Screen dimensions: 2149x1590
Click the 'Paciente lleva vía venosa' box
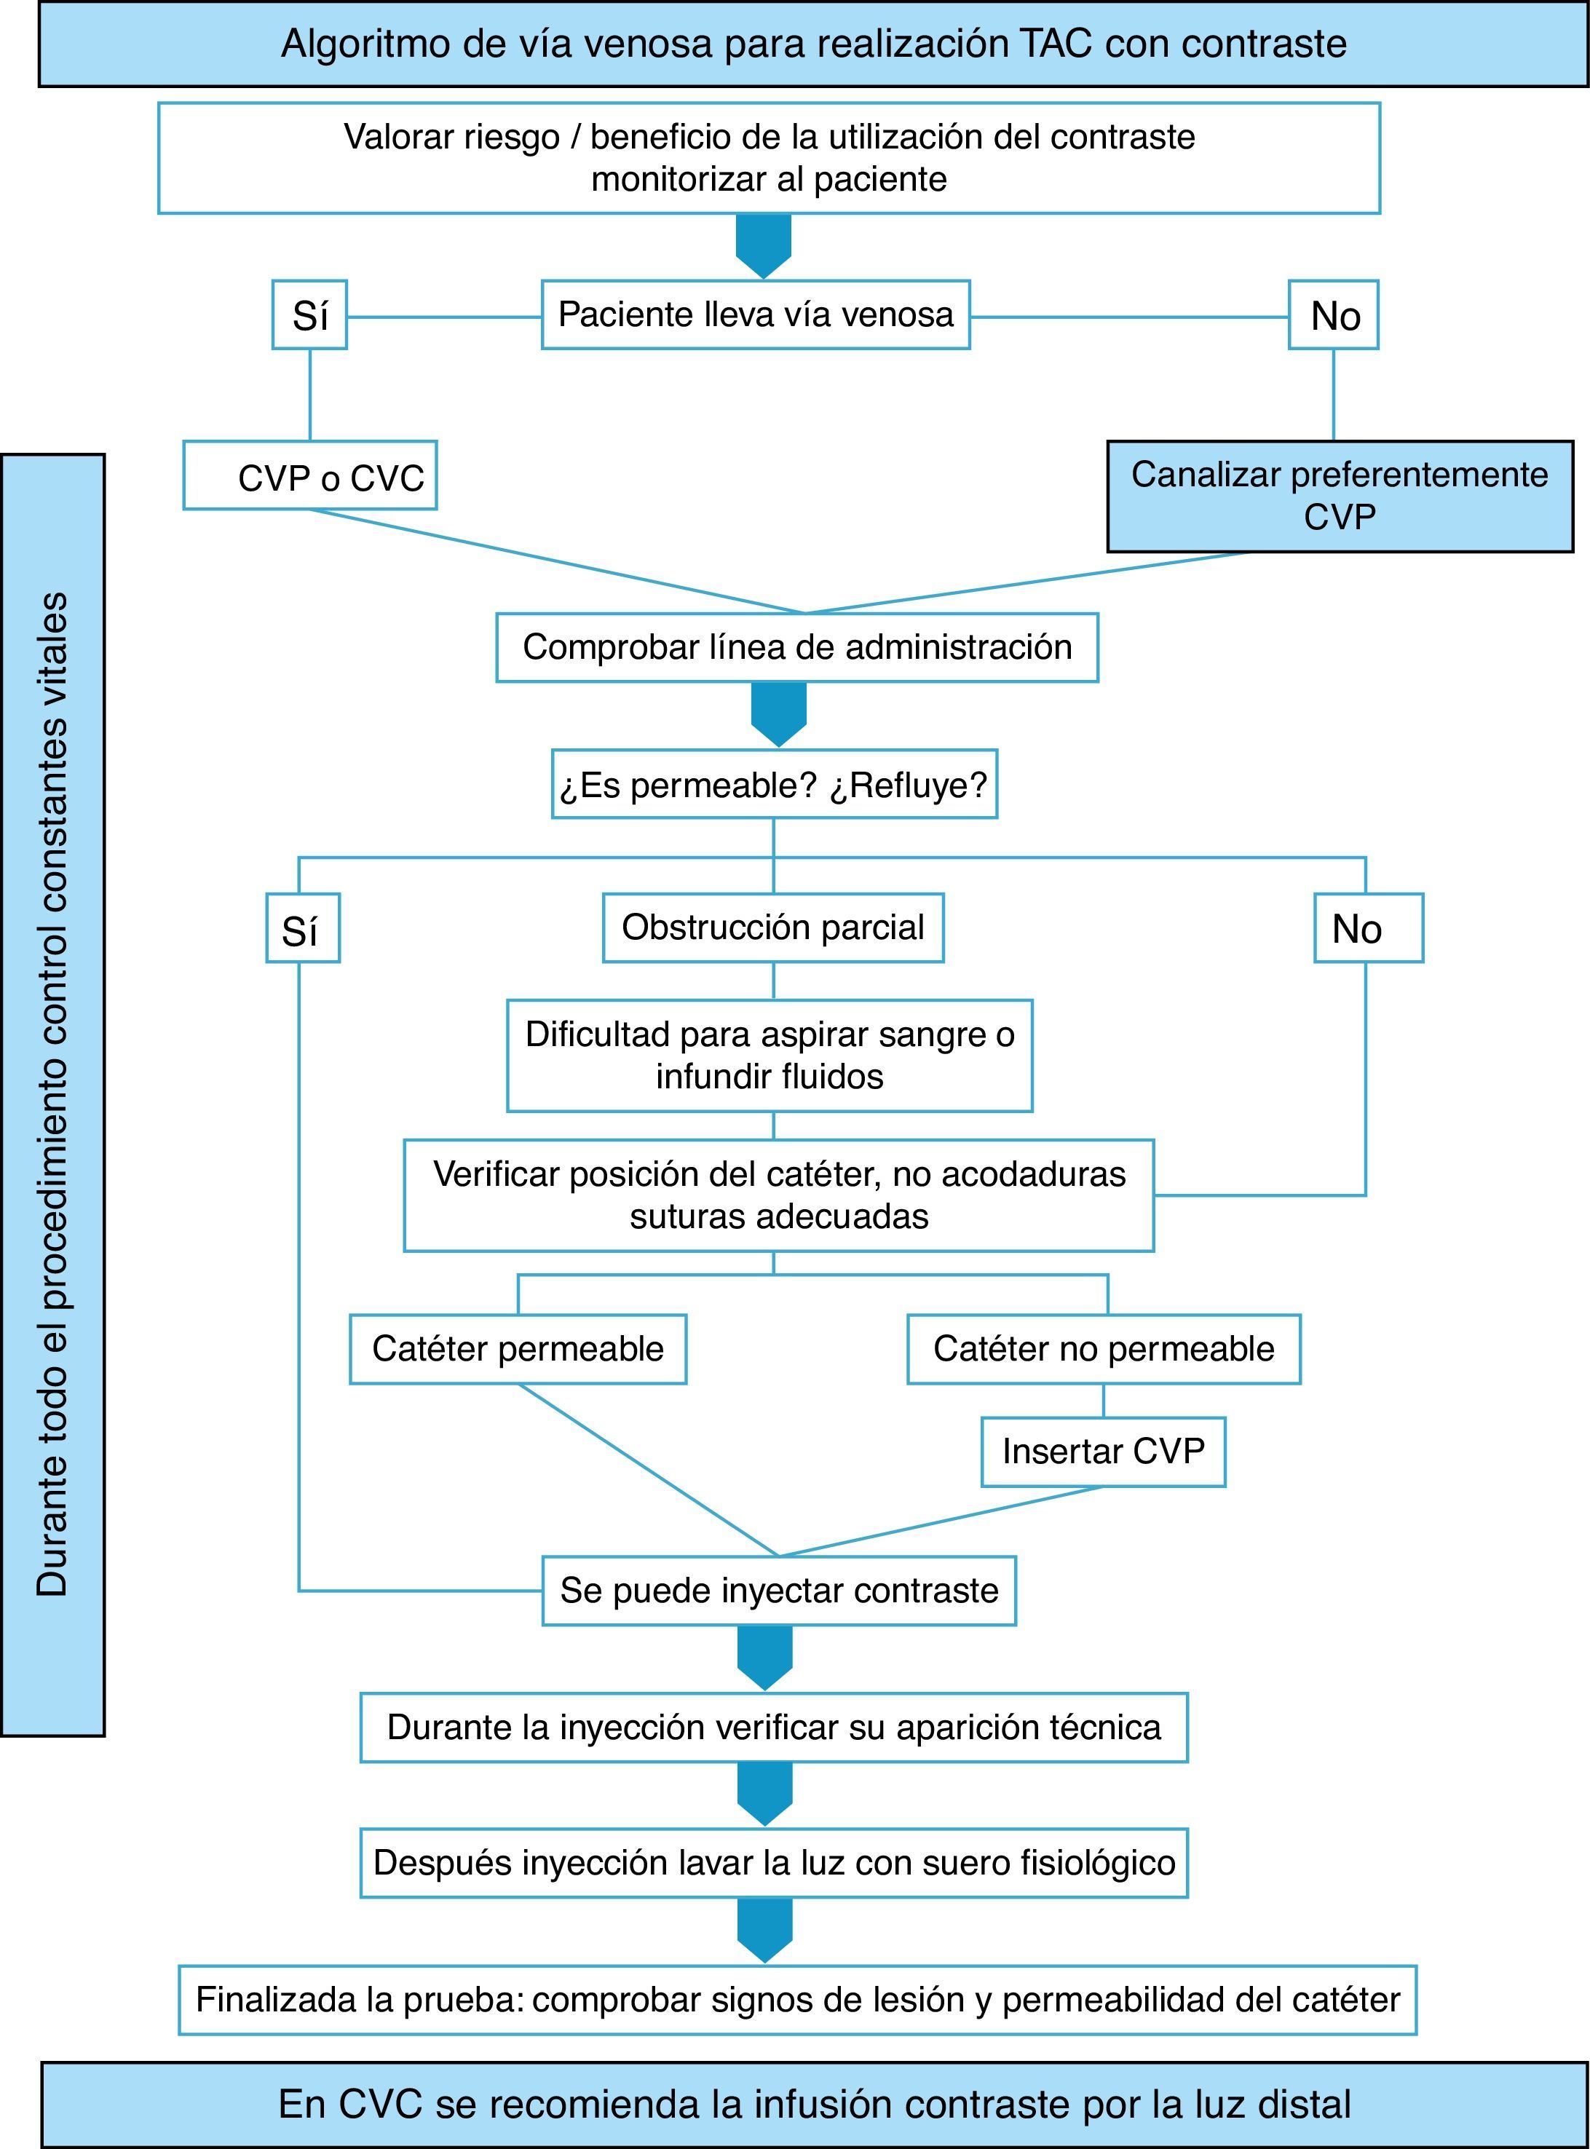click(756, 314)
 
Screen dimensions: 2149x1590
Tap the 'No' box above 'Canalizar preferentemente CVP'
click(1334, 314)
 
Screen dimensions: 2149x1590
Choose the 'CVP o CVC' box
click(310, 476)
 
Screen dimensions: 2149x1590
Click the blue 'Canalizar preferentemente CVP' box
click(1340, 496)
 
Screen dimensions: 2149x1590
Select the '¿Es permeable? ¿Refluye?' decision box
click(774, 784)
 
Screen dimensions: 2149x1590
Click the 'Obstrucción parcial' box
click(773, 927)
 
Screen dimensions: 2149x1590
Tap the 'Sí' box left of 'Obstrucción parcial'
click(302, 929)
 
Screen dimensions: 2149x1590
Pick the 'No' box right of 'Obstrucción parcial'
click(1368, 929)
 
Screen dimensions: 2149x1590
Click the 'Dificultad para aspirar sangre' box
click(770, 1056)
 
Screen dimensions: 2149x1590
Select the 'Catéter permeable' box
click(518, 1349)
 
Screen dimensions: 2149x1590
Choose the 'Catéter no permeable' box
click(1104, 1349)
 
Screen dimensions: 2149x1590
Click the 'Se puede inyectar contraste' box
click(779, 1590)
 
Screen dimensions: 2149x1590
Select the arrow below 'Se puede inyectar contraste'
click(765, 1656)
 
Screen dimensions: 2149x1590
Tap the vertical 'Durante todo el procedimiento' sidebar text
click(53, 1095)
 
